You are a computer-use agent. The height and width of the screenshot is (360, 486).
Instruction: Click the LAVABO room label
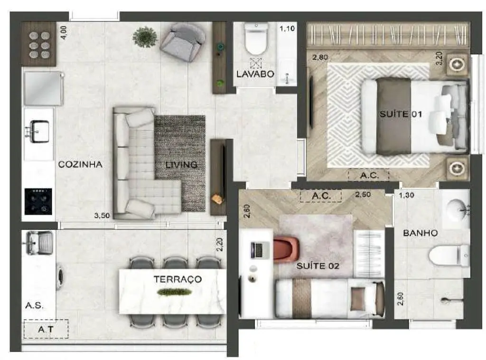pyautogui.click(x=255, y=74)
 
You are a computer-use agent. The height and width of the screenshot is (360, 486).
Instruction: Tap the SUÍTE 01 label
pyautogui.click(x=401, y=114)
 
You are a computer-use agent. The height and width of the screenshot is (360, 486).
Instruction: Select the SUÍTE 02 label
pyautogui.click(x=318, y=266)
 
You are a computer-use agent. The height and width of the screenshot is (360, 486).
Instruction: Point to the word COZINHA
pyautogui.click(x=80, y=164)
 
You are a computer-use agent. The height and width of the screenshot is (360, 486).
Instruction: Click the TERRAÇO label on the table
pyautogui.click(x=178, y=279)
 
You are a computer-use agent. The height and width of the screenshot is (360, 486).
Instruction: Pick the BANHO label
pyautogui.click(x=421, y=233)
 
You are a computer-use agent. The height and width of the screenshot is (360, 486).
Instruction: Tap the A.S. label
pyautogui.click(x=34, y=306)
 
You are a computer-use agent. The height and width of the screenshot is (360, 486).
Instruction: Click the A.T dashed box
pyautogui.click(x=46, y=329)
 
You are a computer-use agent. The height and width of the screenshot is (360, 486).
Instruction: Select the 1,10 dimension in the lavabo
pyautogui.click(x=287, y=29)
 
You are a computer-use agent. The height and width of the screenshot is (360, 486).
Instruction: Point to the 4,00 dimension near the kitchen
pyautogui.click(x=63, y=33)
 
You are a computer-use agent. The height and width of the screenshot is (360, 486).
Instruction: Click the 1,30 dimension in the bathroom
pyautogui.click(x=406, y=195)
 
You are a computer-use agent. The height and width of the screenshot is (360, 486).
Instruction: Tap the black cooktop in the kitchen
pyautogui.click(x=38, y=201)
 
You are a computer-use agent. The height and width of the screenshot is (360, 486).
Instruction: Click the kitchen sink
pyautogui.click(x=39, y=131)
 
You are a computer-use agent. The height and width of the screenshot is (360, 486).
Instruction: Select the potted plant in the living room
pyautogui.click(x=145, y=37)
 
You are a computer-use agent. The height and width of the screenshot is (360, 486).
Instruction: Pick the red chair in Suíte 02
pyautogui.click(x=286, y=250)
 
